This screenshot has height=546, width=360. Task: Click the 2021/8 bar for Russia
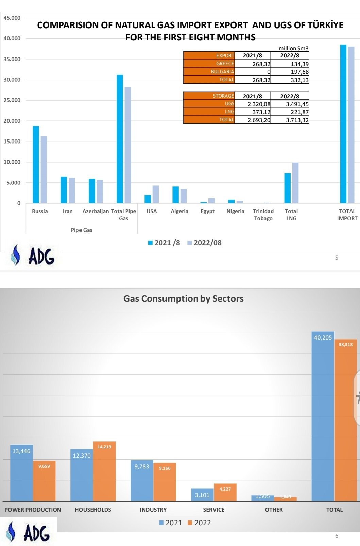[36, 165]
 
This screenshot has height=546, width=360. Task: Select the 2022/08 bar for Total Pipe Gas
[127, 145]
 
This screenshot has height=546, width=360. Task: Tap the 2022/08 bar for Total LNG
[295, 183]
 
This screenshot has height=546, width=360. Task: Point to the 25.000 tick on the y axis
[12, 100]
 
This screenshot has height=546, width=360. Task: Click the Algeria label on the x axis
[179, 211]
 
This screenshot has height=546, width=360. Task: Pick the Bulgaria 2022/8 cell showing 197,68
[290, 72]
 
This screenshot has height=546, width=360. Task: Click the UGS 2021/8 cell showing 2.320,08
[253, 104]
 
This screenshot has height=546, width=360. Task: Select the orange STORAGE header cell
[209, 96]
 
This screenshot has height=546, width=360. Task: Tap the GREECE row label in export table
[209, 64]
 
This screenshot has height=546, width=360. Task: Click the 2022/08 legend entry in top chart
[204, 243]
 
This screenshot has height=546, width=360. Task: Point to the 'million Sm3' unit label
[293, 48]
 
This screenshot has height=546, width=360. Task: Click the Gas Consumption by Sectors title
[183, 299]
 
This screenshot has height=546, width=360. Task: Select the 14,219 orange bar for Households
[104, 471]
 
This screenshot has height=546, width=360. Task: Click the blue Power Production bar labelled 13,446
[21, 473]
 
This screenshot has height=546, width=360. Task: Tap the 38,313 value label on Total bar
[345, 345]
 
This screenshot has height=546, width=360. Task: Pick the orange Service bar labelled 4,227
[225, 492]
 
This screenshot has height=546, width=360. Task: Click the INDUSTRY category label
[153, 510]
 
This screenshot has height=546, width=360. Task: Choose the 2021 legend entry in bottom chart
[171, 523]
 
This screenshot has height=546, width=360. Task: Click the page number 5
[337, 258]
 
